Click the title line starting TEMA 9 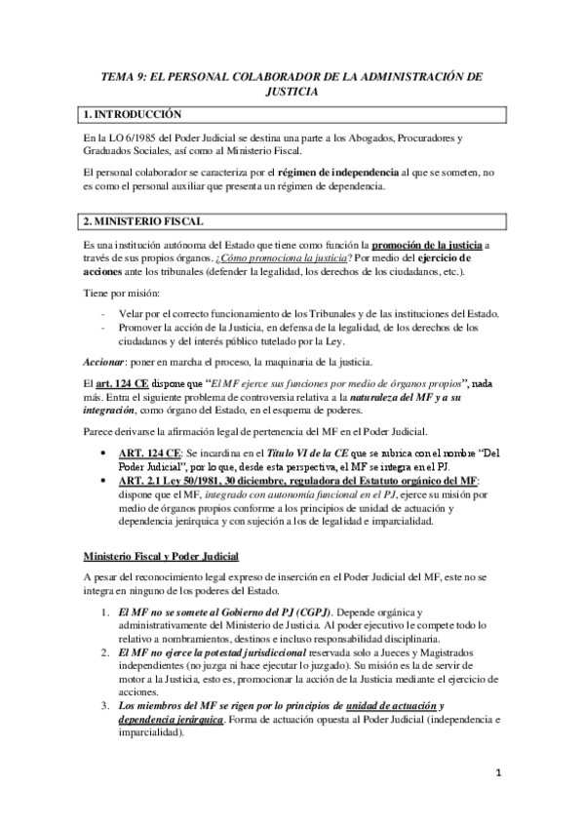(292, 75)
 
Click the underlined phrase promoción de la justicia (427, 243)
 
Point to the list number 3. (106, 704)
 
